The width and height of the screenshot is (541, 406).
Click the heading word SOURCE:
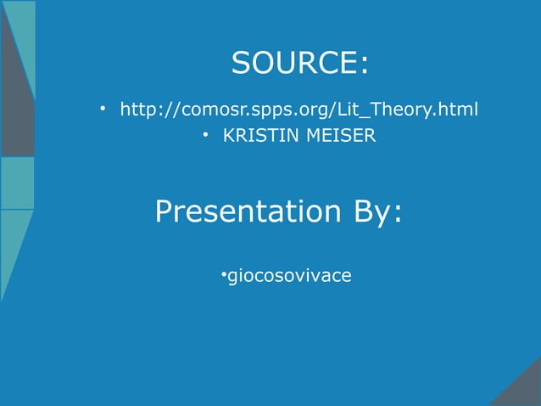tap(300, 63)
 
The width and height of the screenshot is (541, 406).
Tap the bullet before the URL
tap(101, 110)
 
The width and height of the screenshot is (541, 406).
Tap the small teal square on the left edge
tap(16, 183)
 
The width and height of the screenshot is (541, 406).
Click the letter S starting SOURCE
tap(241, 63)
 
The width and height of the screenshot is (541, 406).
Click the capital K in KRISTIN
tap(228, 135)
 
